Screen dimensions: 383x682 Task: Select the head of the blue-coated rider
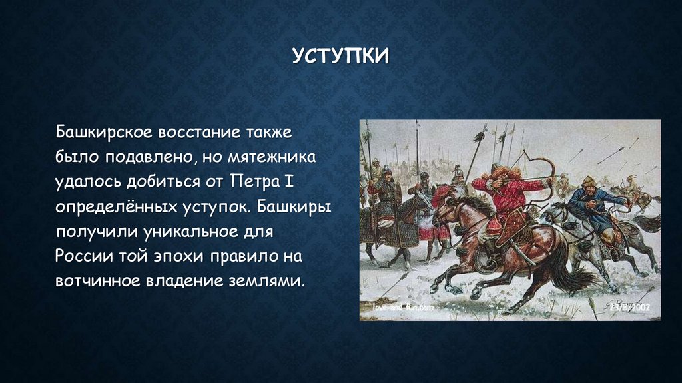588,182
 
